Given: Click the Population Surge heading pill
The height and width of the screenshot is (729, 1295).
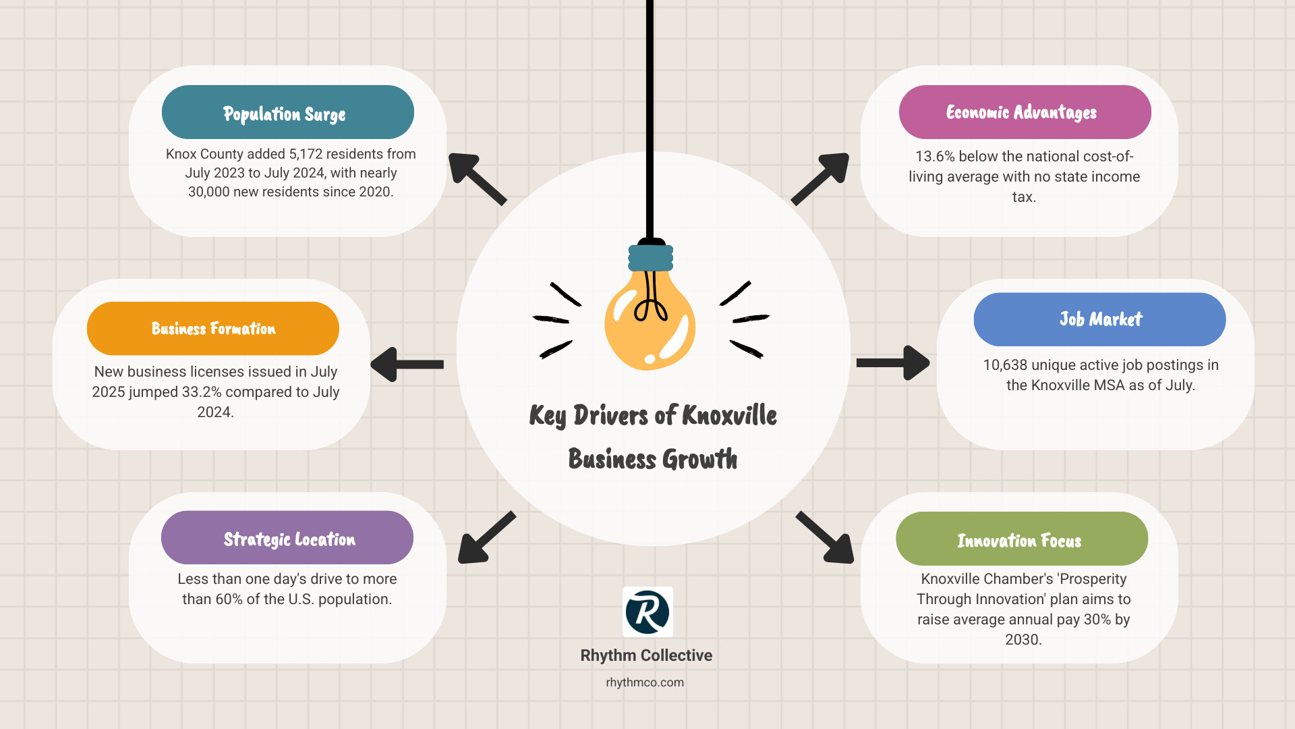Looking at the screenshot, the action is coord(288,112).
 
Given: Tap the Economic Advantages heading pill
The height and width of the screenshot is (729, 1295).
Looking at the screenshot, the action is coord(1025,112).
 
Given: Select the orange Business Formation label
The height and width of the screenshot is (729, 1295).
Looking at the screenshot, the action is coord(213,329).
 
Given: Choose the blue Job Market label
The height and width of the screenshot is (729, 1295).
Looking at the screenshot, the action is coord(1100,319).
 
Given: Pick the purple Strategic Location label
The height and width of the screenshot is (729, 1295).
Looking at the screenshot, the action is coord(287,537).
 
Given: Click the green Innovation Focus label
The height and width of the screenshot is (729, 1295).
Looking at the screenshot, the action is coord(1022,539).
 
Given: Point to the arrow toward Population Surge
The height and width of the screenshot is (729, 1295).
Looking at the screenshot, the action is coord(478,179).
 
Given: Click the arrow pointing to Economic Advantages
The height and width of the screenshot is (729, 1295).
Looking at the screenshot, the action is coord(820,178).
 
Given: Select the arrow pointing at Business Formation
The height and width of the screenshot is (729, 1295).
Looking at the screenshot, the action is coord(407,364).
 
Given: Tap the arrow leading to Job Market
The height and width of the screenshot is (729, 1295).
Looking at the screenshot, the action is coord(893,363).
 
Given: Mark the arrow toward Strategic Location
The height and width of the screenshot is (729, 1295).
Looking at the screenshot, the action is coord(487,537).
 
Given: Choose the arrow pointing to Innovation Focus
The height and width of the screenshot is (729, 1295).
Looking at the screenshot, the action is coord(825,537).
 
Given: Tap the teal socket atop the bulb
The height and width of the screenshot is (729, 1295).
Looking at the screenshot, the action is coord(651,257).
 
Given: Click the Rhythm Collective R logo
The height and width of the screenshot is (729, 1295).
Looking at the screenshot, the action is coord(647,612).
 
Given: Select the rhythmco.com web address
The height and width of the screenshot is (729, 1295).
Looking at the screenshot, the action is coord(645,682).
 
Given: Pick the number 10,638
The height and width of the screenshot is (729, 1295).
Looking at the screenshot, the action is coord(1005,365).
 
